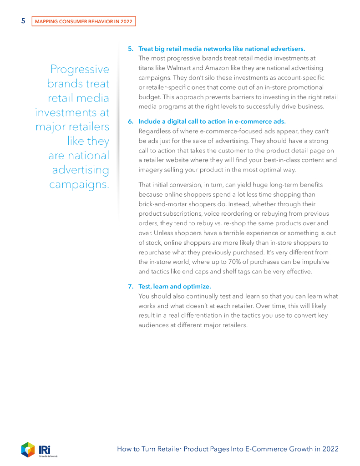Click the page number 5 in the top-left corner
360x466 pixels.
point(23,21)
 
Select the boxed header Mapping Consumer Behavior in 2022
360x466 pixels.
point(84,21)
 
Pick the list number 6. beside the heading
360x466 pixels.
point(130,122)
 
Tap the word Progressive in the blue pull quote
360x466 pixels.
point(80,69)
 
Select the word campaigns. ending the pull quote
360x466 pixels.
point(79,185)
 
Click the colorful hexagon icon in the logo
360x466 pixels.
point(28,449)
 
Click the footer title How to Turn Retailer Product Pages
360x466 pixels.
point(228,449)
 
